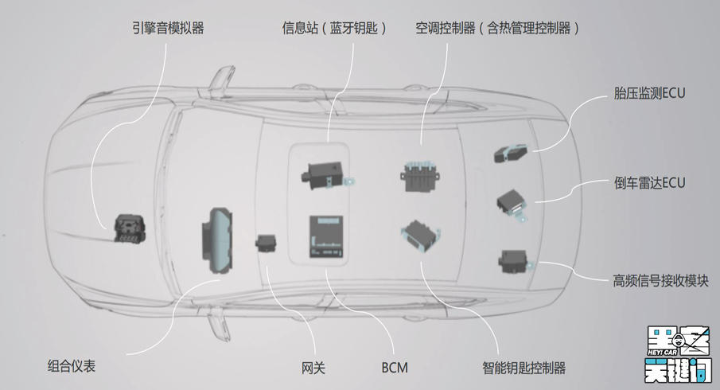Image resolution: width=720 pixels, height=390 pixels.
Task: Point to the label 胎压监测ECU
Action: pyautogui.click(x=649, y=93)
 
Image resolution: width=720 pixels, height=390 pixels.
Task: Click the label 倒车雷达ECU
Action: pyautogui.click(x=649, y=182)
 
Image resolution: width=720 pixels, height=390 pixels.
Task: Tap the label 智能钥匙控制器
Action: pyautogui.click(x=523, y=368)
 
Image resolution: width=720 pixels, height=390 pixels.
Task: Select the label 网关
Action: pyautogui.click(x=313, y=368)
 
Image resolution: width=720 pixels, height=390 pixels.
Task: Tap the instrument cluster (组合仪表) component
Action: pyautogui.click(x=218, y=239)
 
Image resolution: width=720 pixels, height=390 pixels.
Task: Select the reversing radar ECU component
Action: pyautogui.click(x=513, y=204)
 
